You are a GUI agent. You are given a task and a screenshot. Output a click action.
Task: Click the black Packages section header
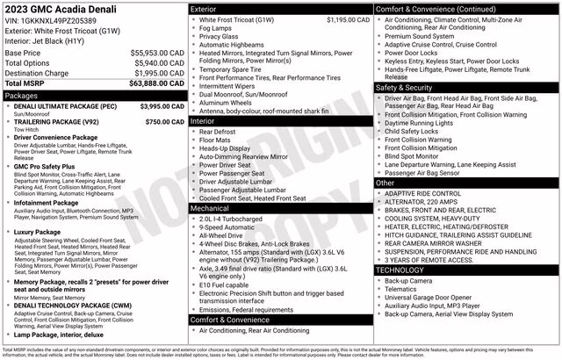click(93, 95)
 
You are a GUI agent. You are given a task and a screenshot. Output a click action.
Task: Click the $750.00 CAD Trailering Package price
click(164, 122)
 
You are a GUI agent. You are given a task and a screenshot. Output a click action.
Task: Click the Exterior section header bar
click(280, 9)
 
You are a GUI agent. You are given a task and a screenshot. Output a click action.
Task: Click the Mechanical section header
click(280, 209)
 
